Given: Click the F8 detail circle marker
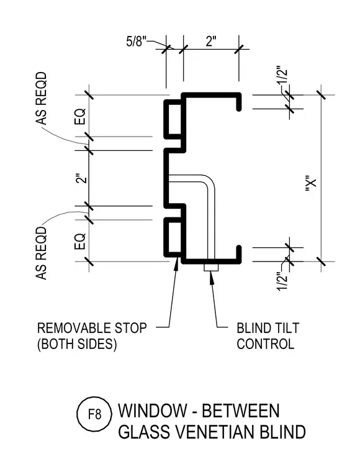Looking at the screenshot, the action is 94,415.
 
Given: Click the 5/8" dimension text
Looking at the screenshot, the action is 136,41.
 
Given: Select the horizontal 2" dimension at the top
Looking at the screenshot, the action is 211,41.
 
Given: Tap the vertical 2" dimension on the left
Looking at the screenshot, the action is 81,178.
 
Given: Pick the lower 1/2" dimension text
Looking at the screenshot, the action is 282,282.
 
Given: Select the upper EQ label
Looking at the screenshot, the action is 80,117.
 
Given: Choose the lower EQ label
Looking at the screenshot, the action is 80,242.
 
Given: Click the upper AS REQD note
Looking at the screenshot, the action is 42,98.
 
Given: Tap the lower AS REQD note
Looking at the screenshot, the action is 42,253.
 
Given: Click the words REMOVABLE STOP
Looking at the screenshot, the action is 92,328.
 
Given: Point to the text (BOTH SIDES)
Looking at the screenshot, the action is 77,344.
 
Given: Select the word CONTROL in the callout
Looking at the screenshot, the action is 265,344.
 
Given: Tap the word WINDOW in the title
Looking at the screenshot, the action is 153,411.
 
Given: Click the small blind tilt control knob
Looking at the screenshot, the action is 211,267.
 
